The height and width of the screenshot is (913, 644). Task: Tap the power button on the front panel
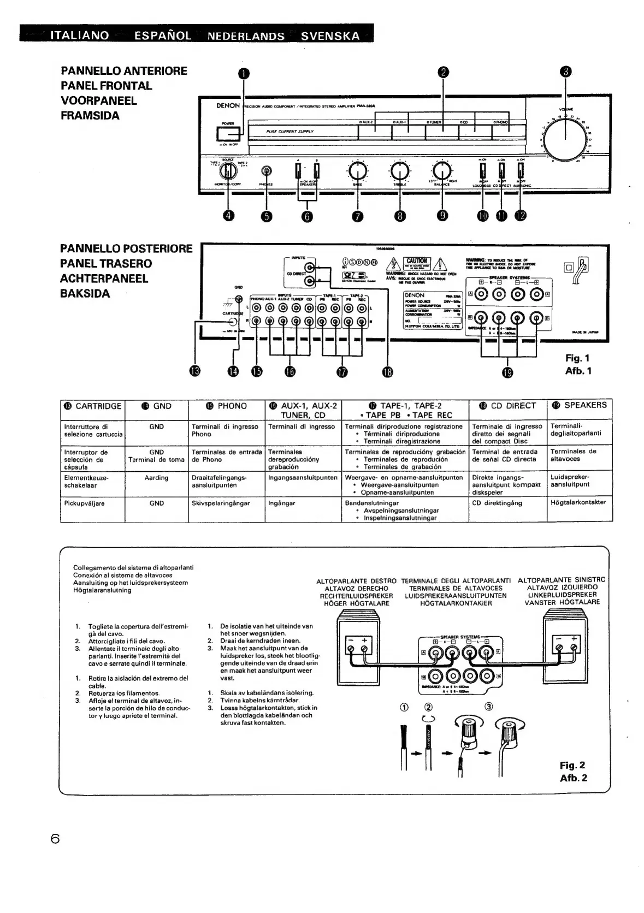[x=228, y=133]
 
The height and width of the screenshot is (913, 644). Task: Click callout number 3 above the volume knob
[x=566, y=72]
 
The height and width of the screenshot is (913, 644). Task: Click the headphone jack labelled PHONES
[x=267, y=171]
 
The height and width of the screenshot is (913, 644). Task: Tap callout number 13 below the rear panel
[x=195, y=371]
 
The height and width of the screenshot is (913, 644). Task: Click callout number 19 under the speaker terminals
[x=507, y=372]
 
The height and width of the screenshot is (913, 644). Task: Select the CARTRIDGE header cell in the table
[x=93, y=406]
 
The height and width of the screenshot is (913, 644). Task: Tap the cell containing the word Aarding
[x=156, y=478]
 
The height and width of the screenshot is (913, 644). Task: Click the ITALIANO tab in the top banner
[x=80, y=36]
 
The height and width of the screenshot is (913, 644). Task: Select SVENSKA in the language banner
[x=330, y=36]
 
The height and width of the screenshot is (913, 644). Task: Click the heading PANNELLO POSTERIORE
[x=126, y=249]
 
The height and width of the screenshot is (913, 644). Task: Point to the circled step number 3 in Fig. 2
[x=488, y=706]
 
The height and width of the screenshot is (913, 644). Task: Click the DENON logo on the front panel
[x=228, y=105]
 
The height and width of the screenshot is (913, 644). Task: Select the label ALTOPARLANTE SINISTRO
[x=562, y=580]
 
